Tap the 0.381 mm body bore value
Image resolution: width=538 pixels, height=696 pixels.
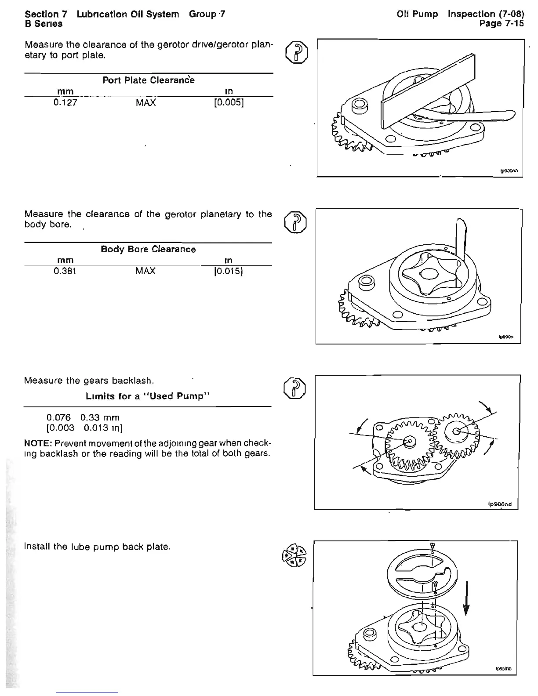pyautogui.click(x=65, y=271)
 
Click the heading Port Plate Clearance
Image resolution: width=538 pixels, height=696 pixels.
pyautogui.click(x=148, y=80)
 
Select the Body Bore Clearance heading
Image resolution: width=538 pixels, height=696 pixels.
pyautogui.click(x=148, y=249)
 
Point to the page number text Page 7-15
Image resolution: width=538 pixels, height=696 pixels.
pyautogui.click(x=502, y=24)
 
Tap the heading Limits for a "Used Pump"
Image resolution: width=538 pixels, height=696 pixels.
pyautogui.click(x=147, y=396)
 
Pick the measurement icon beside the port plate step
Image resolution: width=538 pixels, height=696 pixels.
pyautogui.click(x=296, y=52)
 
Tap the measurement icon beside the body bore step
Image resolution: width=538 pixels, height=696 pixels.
pyautogui.click(x=296, y=221)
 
